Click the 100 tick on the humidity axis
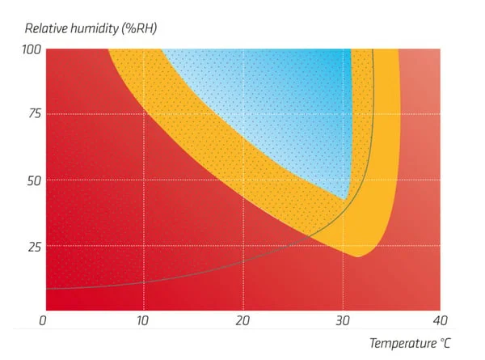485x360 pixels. tap(29, 50)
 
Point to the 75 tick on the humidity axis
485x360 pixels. tap(32, 114)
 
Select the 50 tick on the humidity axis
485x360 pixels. tap(32, 180)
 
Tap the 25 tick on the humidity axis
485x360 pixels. tap(32, 245)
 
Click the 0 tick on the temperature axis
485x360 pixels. tap(45, 321)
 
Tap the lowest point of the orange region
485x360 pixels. tap(356, 256)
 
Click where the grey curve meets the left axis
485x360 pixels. tap(46, 289)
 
